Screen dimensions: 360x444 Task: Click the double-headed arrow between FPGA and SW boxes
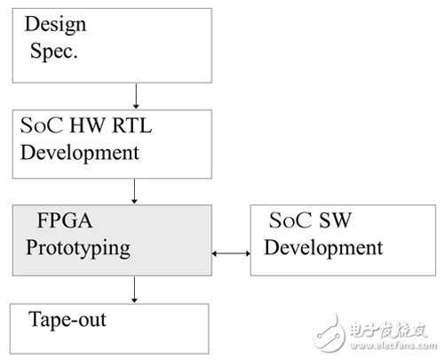pos(231,256)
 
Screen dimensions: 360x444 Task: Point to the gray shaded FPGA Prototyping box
pos(112,239)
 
